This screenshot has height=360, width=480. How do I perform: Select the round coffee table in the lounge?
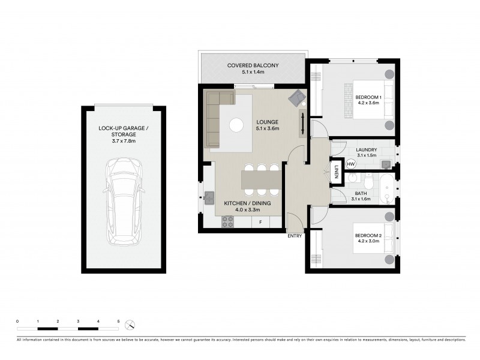click(x=237, y=125)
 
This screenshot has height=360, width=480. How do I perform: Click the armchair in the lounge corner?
click(x=297, y=98)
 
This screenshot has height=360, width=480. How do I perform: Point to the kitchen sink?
click(x=209, y=196)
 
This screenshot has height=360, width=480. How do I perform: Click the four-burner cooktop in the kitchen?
click(x=229, y=222)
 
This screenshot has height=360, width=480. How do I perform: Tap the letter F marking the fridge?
click(x=260, y=223)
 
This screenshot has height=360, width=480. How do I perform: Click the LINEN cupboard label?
click(x=337, y=171)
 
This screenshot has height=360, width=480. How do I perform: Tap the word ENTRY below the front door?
click(x=295, y=236)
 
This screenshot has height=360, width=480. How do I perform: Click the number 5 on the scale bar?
click(x=119, y=322)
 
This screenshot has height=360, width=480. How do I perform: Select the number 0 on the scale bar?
click(x=17, y=322)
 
